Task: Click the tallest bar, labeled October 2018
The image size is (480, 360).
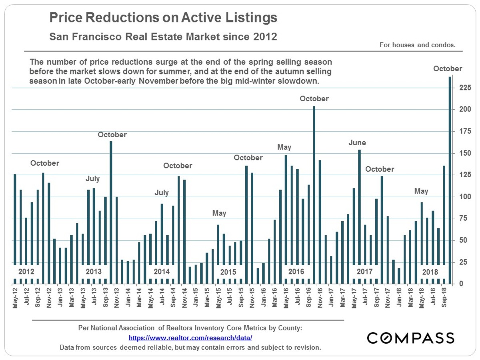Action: pos(450,180)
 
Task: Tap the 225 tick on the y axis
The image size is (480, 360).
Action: pos(464,88)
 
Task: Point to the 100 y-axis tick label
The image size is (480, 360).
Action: pos(464,197)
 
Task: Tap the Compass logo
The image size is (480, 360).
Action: pos(410,338)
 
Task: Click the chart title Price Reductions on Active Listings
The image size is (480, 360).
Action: pos(163,18)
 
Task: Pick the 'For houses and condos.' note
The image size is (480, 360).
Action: pos(418,45)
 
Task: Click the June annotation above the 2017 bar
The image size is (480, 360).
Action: pos(357,143)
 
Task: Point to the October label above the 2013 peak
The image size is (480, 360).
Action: pos(112,135)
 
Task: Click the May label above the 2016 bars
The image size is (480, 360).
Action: pos(284,148)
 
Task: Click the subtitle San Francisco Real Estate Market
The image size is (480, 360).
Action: pos(163,37)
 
